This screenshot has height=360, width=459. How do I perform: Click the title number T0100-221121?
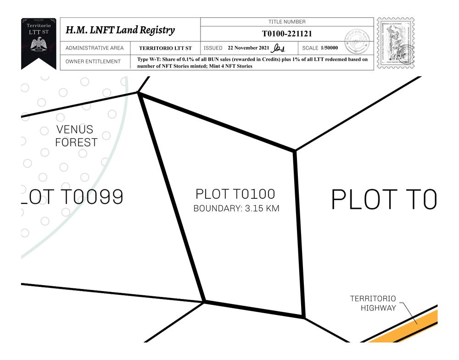point(287,34)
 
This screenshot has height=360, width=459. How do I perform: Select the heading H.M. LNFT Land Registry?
point(120,30)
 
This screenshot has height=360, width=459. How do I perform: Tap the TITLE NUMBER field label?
point(287,22)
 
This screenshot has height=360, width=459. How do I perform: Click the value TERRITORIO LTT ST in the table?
point(165,48)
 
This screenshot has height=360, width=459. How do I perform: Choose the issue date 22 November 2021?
point(248,48)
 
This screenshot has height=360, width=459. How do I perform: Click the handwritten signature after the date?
point(279,48)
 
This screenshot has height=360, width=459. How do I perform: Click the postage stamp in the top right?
point(395,43)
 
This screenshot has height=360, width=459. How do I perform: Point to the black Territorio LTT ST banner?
point(39,43)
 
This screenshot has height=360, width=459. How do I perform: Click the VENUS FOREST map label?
point(76,136)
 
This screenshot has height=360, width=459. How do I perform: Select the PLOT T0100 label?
point(235,194)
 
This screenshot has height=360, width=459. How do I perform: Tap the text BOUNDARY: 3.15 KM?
point(236,208)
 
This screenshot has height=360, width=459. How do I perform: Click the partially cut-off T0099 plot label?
point(72,197)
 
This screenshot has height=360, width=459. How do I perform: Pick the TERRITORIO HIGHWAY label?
point(373,303)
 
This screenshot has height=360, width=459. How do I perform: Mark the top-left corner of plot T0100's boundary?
point(139,93)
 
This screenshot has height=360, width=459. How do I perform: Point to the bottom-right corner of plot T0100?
point(303,316)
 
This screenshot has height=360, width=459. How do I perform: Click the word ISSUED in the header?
point(213,48)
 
